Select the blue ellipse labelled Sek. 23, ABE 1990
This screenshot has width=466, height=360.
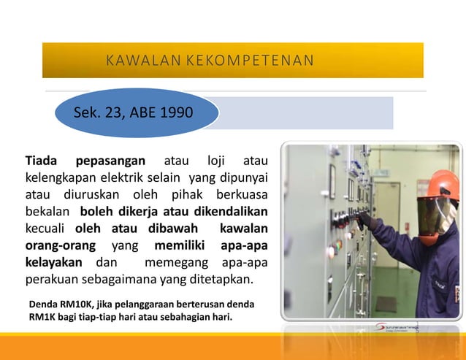pyautogui.click(x=137, y=113)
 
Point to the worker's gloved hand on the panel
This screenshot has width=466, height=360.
pyautogui.click(x=367, y=220)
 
